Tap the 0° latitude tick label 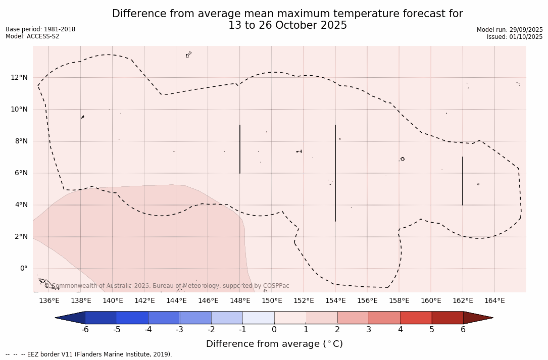tap(23, 269)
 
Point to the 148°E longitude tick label tap(240, 301)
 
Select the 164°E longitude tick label tap(494, 301)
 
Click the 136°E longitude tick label tap(49, 301)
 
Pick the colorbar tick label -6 tap(85, 330)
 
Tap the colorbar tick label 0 tap(274, 330)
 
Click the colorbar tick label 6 tap(463, 330)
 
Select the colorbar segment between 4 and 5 tap(416, 318)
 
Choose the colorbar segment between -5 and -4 tap(132, 318)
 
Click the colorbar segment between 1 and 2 tap(321, 318)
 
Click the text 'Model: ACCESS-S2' tap(32, 36)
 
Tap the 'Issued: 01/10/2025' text tap(515, 37)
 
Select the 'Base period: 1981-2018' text tap(40, 29)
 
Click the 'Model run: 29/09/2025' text tap(510, 30)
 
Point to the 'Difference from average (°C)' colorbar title tap(274, 344)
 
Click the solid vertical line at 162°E tap(463, 181)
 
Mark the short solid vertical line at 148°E tap(240, 149)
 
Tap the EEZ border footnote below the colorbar tap(89, 354)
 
